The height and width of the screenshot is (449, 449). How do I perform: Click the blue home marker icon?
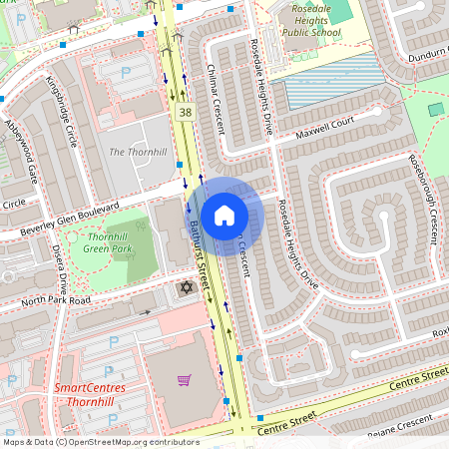click(x=224, y=215)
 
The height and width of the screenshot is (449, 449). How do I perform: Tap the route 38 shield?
click(x=186, y=113)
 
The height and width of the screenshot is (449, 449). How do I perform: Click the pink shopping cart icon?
click(x=184, y=380)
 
